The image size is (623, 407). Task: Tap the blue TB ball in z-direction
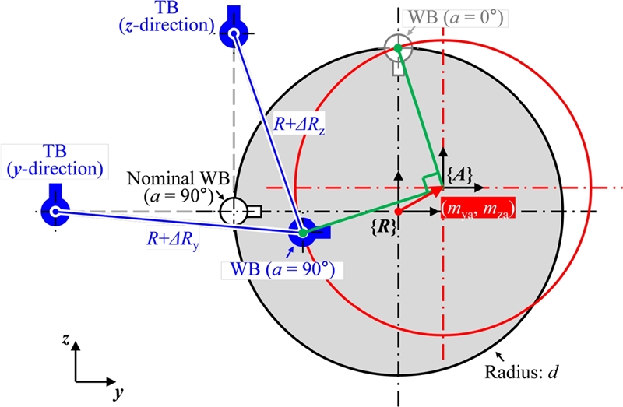pyautogui.click(x=233, y=32)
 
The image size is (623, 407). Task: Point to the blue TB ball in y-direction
pyautogui.click(x=55, y=211)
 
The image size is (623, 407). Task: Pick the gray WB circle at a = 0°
pyautogui.click(x=398, y=47)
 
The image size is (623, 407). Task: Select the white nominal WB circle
pyautogui.click(x=233, y=211)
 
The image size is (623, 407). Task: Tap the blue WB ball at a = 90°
pyautogui.click(x=301, y=231)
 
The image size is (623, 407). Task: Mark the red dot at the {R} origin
pyautogui.click(x=398, y=211)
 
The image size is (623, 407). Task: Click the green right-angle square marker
pyautogui.click(x=430, y=180)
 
